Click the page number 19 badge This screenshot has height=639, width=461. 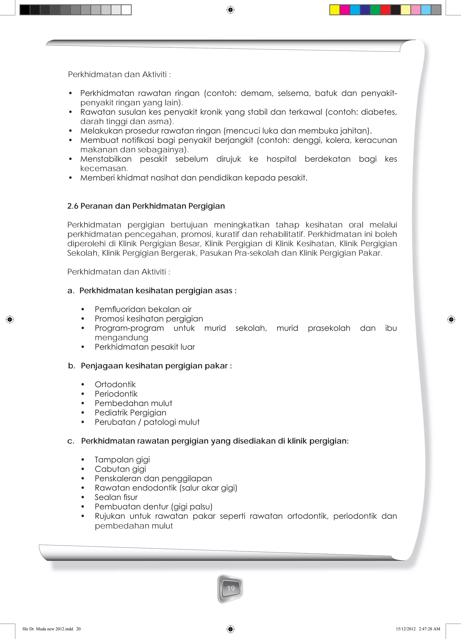tap(230, 588)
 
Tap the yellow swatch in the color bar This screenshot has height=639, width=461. tap(334, 10)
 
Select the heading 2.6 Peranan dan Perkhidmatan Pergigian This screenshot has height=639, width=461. tap(146, 206)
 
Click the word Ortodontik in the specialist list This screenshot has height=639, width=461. tap(115, 384)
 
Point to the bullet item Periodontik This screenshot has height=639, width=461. tap(116, 394)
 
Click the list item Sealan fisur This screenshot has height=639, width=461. tap(116, 497)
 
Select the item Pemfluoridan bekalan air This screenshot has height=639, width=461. tap(143, 309)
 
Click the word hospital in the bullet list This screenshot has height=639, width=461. tap(281, 159)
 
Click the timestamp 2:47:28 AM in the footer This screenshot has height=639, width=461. tap(429, 629)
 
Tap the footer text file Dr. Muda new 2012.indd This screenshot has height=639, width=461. tap(48, 629)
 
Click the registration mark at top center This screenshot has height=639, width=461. tap(230, 10)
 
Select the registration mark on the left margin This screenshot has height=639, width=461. tap(10, 319)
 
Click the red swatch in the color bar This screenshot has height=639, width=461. tap(385, 10)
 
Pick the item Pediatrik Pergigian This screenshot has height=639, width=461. tap(130, 413)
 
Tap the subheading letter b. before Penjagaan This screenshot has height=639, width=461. tap(71, 366)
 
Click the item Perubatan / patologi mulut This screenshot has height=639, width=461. tap(147, 422)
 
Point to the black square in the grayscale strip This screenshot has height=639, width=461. tap(25, 10)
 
